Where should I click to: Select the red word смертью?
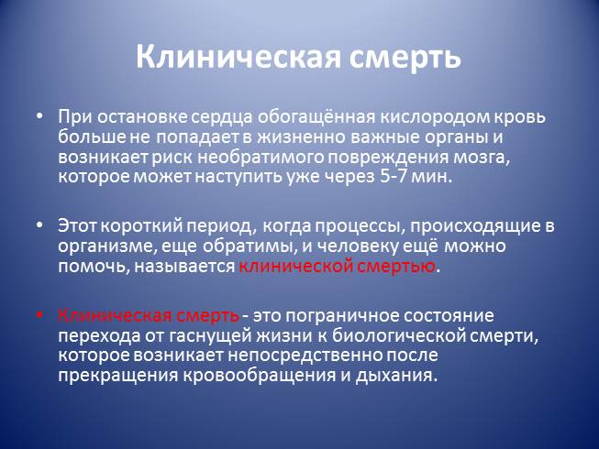point(396,267)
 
